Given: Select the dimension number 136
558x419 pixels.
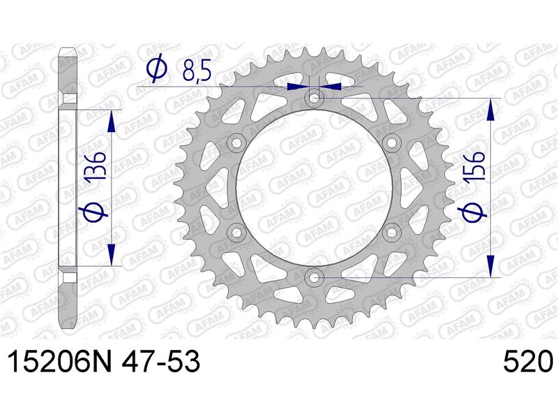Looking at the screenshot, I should [97, 168].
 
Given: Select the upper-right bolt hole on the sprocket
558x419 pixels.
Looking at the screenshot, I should [391, 143].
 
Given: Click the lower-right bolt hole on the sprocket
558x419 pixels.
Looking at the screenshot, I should [391, 233].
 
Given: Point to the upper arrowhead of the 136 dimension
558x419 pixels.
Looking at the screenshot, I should [111, 120].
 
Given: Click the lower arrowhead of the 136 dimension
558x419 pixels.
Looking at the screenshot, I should [111, 256].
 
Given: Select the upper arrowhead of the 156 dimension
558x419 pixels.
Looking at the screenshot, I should [492, 109].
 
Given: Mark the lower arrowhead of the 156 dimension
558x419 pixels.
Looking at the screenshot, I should [492, 267].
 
